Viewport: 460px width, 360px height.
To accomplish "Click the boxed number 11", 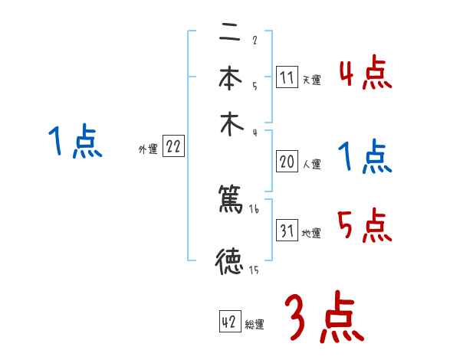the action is [287, 77].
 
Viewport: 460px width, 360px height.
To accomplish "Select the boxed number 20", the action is [287, 162].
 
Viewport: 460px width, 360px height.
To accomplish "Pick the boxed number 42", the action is [229, 322].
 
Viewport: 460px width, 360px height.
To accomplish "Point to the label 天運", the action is [311, 79].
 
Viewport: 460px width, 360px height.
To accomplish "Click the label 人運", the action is [311, 163].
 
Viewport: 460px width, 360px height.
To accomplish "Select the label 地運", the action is [311, 233].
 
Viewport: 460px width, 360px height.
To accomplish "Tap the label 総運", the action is [255, 324].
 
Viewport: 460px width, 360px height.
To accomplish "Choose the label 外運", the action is [148, 149].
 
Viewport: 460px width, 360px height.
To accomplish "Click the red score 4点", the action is [366, 74].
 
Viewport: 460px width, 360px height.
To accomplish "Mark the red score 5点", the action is [366, 225].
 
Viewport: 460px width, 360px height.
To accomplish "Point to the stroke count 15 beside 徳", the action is [254, 269].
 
